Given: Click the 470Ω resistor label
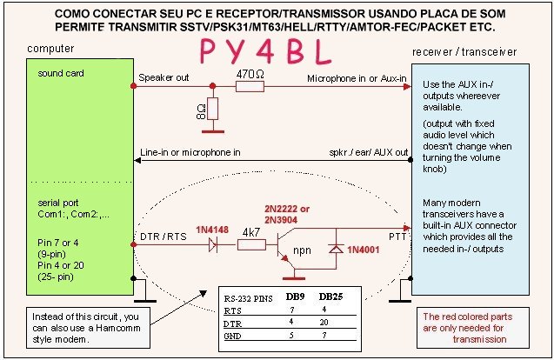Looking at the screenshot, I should click(251, 75).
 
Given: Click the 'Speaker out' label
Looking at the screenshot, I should click(164, 77).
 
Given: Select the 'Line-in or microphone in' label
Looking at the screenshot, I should click(190, 153).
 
